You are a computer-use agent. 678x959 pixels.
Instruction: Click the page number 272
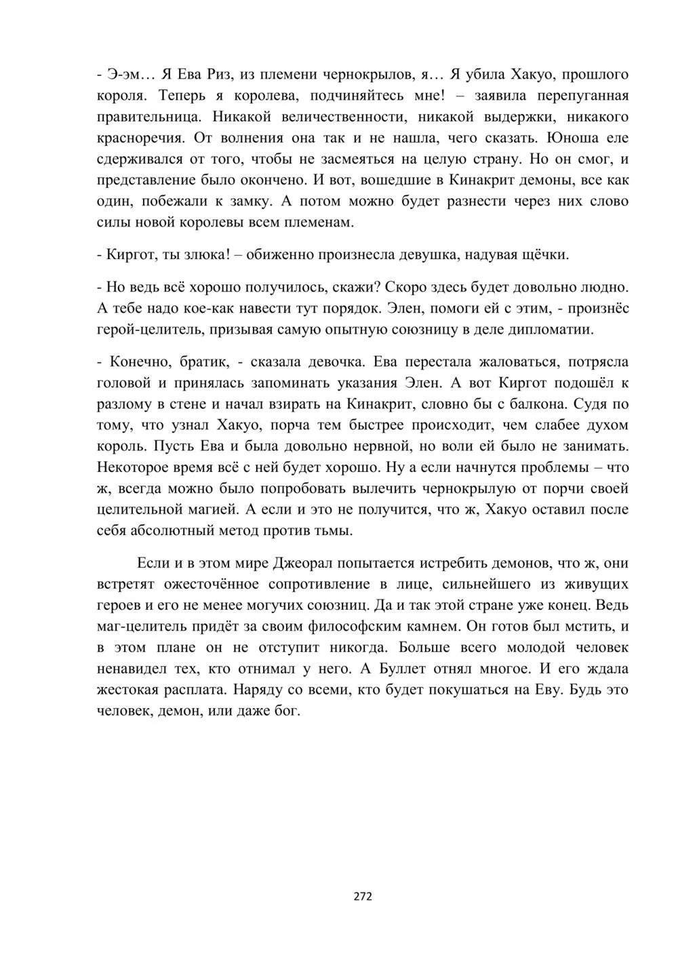pyautogui.click(x=363, y=897)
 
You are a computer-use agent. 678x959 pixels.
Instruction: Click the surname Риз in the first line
pyautogui.click(x=219, y=75)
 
